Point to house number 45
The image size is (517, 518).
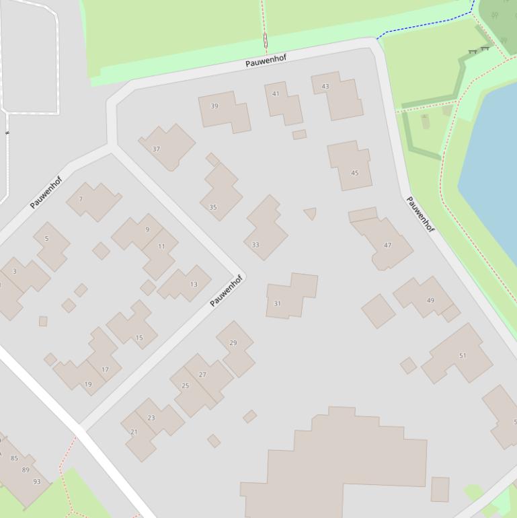pos(350,165)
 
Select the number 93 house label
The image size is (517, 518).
pos(37,482)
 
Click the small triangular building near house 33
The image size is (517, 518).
pos(310,213)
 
